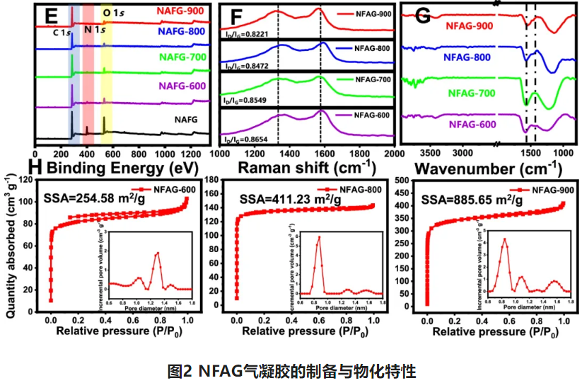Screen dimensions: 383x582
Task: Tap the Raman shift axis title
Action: (x=306, y=168)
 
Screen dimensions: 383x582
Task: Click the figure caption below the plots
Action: (x=291, y=370)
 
